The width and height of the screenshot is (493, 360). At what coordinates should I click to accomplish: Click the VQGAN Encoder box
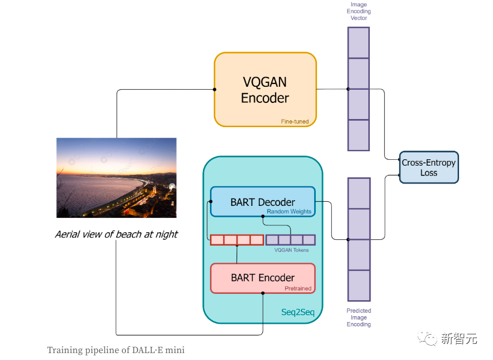click(265, 90)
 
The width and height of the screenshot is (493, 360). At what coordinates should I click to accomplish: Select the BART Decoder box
click(262, 202)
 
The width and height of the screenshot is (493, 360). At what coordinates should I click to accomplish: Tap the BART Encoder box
click(262, 278)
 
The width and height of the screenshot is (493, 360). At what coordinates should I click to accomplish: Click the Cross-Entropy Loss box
click(429, 167)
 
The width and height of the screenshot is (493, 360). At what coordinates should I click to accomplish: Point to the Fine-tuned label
click(295, 121)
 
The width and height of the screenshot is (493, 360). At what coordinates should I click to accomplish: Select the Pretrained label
click(298, 288)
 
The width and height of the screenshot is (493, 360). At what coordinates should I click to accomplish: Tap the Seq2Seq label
click(297, 311)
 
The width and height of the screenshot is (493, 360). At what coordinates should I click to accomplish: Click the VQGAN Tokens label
click(292, 250)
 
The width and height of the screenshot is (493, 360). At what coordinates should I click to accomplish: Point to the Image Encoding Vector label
click(359, 12)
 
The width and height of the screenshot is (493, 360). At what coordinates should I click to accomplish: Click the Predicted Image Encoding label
click(358, 317)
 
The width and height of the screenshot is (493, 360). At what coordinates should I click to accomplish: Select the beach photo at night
click(116, 178)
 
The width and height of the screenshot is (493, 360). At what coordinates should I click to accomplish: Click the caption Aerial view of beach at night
click(116, 235)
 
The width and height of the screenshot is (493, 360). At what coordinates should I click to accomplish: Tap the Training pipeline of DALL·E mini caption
click(116, 350)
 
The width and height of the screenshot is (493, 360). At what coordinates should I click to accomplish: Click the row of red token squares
click(237, 240)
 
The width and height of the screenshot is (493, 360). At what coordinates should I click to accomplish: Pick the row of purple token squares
click(291, 240)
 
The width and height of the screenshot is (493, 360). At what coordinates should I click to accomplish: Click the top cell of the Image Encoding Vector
click(358, 43)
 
